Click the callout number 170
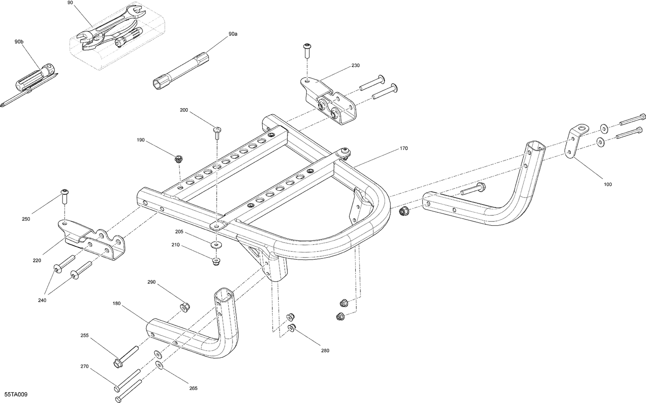coord(404,148)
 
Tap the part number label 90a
coord(233,34)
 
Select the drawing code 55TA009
coord(17,395)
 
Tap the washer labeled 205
coord(216,245)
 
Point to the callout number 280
coord(325,350)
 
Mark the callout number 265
coord(193,388)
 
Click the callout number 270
coord(84,367)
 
